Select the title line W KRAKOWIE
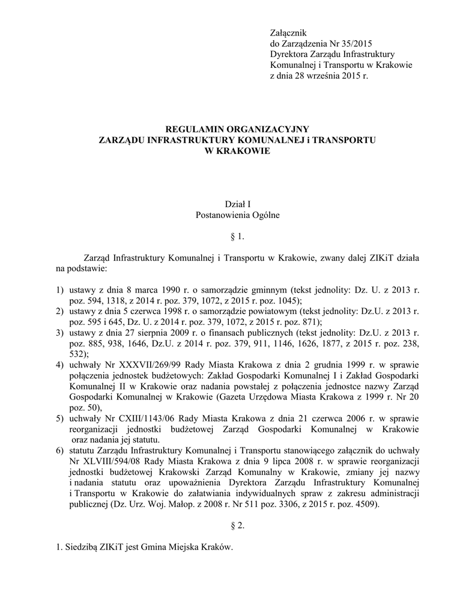point(238,151)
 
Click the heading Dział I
point(237,205)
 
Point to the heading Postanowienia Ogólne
point(237,215)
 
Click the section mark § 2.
point(237,526)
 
